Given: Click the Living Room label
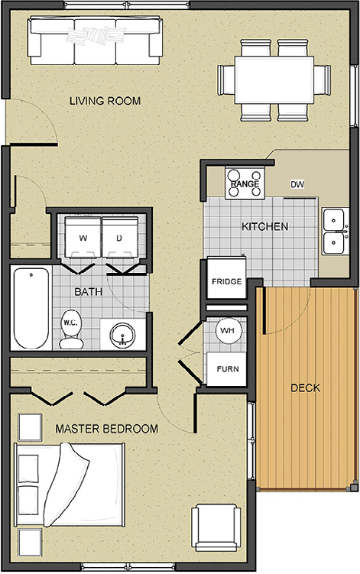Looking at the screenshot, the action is point(105,101).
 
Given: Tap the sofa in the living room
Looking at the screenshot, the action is point(96,41).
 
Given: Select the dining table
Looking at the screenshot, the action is point(274,79).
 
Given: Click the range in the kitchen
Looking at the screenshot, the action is point(245,183).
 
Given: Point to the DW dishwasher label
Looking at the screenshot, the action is point(297,184).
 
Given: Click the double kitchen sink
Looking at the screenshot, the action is point(335,231).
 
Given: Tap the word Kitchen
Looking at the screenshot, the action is point(264,226).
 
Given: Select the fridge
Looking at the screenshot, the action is point(227,278).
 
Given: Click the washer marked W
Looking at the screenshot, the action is point(83,237).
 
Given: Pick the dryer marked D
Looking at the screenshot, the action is point(119,237).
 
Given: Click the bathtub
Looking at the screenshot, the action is point(31,308).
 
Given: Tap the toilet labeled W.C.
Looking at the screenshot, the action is point(70,329).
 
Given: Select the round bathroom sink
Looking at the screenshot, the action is point(123,335).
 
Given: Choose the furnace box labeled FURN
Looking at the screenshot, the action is point(227,369).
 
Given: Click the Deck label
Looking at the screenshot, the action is point(306,388).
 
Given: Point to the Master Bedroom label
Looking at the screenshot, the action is point(106,429).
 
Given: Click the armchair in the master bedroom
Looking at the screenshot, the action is point(216,527).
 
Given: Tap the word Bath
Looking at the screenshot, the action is point(88,292).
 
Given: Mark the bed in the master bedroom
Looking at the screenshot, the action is point(70,485).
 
